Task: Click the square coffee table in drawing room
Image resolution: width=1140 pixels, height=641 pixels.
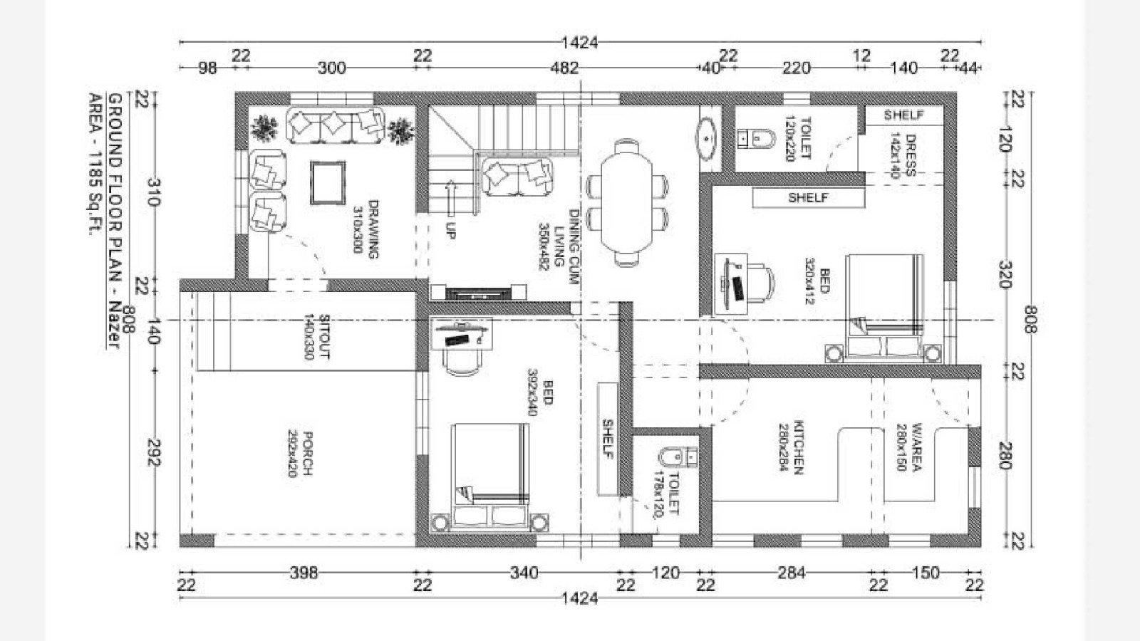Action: pyautogui.click(x=328, y=183)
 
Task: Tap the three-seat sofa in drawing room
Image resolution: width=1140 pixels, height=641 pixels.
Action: pyautogui.click(x=334, y=125)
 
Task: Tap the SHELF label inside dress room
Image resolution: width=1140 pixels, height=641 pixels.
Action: pyautogui.click(x=903, y=115)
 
